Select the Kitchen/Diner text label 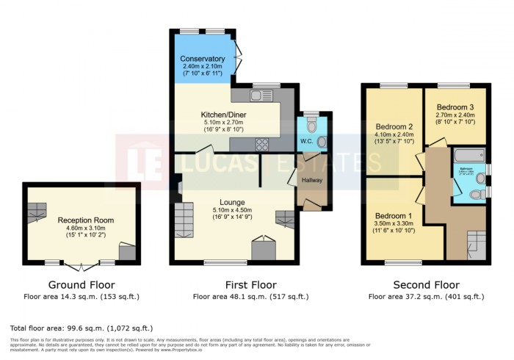point(224,115)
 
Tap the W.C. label point(307,141)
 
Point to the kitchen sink point(260,95)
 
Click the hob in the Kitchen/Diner point(262,143)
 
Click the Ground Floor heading point(81,285)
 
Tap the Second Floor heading point(426,285)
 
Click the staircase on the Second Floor point(476,242)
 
